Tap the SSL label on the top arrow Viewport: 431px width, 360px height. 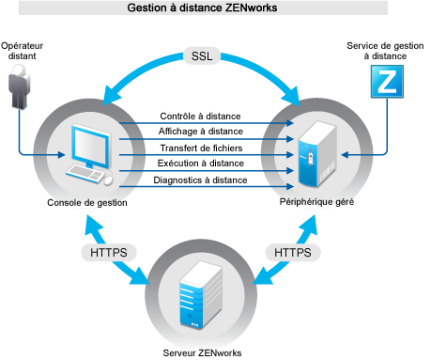[x=202, y=55]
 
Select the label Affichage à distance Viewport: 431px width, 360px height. [x=202, y=132]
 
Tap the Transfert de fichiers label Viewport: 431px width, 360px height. [x=202, y=148]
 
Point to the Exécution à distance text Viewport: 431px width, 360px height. [x=202, y=164]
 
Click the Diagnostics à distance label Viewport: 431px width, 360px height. [x=202, y=180]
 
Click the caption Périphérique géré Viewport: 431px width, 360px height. [x=315, y=202]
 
